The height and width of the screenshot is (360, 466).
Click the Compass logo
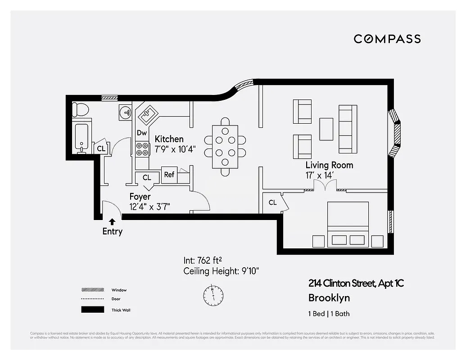[387, 39]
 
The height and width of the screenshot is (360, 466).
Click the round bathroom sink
[125, 112]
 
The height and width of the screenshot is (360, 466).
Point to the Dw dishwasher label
[142, 133]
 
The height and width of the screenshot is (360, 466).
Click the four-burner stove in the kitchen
[142, 148]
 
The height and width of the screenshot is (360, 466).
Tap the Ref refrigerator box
[169, 175]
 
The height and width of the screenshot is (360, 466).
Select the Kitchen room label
[169, 139]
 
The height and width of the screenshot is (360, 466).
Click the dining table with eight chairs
[225, 146]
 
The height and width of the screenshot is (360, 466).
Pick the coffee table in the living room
[326, 129]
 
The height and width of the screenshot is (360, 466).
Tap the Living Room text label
[329, 165]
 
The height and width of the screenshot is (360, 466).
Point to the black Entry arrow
[112, 221]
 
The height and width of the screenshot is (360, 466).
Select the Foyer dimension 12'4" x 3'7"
[150, 207]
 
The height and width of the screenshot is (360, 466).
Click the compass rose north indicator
[213, 295]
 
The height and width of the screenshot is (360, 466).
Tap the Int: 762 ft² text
[204, 260]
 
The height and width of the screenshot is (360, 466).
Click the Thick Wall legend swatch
[92, 310]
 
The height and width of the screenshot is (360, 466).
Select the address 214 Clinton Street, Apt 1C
[356, 283]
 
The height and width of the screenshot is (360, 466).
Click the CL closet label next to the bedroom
[272, 202]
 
